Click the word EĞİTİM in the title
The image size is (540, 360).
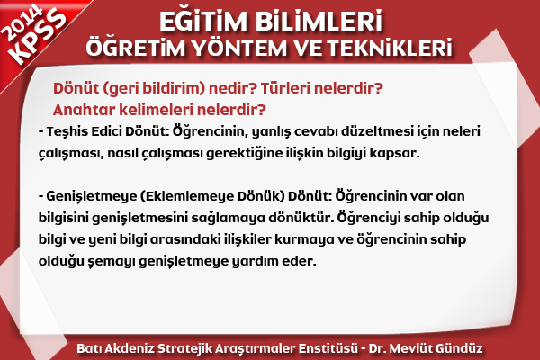tap(203, 22)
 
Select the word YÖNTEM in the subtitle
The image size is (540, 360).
tap(239, 48)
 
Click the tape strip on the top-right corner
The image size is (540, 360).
tap(503, 86)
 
